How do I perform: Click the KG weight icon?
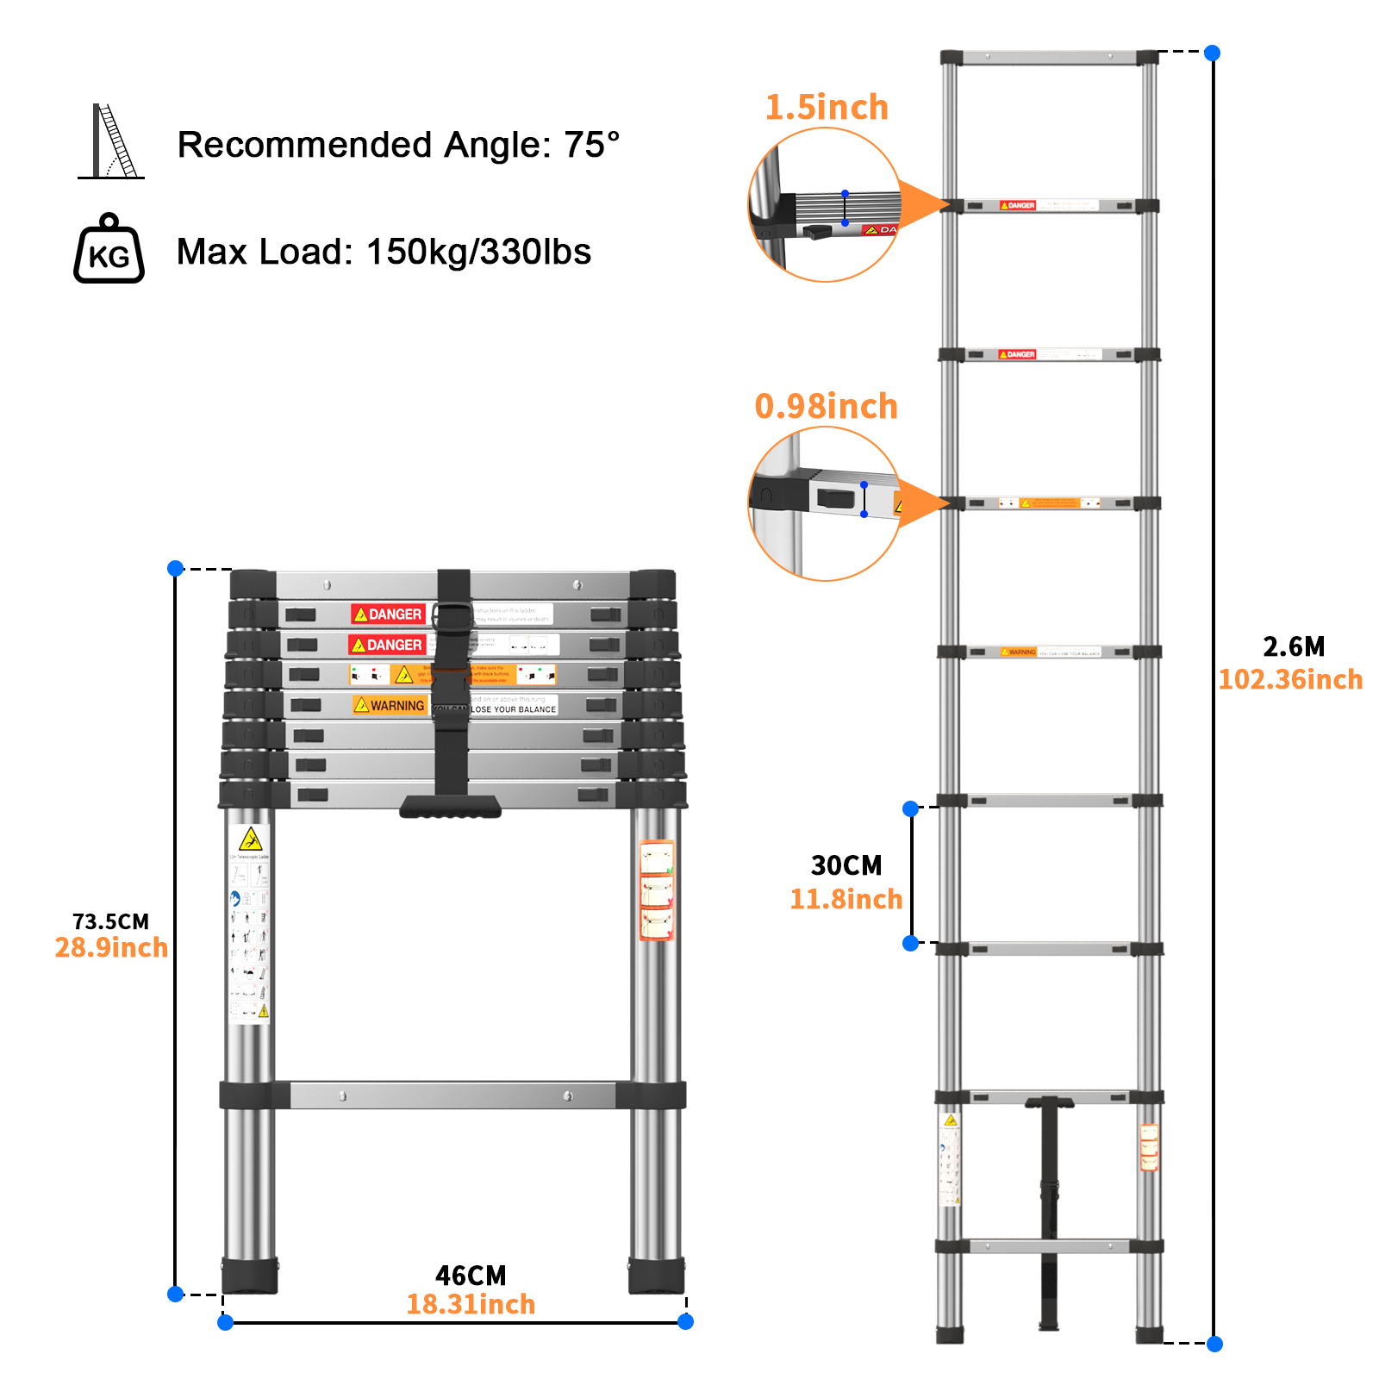coord(109,250)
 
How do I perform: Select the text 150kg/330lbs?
coord(478,253)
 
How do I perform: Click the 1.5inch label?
coord(826,108)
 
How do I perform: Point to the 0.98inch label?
coord(826,406)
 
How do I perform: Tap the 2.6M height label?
coord(1293,646)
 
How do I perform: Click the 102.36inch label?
coord(1289,679)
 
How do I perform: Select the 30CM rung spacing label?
coord(846,865)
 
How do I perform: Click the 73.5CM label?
coord(110,921)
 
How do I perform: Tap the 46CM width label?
coord(471,1275)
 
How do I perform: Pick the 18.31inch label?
coord(471,1304)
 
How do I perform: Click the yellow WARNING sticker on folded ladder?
coord(390,705)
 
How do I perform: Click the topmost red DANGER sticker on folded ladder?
coord(388,614)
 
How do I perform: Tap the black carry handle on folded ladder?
coord(451,807)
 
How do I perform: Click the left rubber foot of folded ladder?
coord(250,1276)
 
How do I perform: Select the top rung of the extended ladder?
coord(1049,59)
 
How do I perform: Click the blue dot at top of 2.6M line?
coord(1212,53)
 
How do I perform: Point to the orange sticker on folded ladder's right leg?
coord(657,890)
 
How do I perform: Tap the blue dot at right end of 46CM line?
coord(685,1321)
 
